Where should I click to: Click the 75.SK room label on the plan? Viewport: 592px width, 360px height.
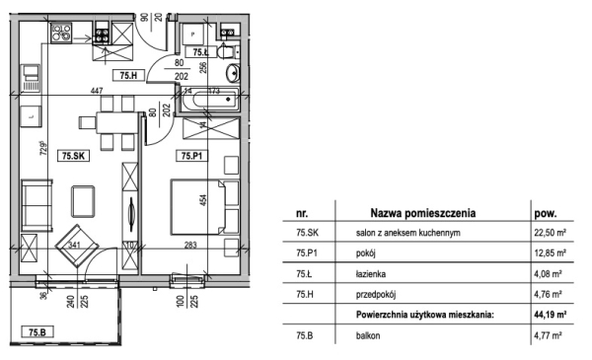tap(73, 156)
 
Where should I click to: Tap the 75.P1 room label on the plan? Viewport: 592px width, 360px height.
tap(191, 156)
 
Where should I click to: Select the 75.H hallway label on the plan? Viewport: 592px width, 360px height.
tap(128, 76)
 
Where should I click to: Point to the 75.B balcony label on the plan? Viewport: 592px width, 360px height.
tap(37, 331)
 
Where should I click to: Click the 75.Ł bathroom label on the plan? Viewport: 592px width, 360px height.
tap(200, 52)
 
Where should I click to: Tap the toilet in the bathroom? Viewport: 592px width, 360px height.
tap(227, 52)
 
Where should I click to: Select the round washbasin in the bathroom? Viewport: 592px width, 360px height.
tap(233, 73)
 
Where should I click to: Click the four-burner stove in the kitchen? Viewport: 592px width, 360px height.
tap(61, 33)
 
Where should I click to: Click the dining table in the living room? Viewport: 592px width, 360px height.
tap(116, 122)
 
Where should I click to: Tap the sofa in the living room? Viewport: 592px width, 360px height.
tap(37, 205)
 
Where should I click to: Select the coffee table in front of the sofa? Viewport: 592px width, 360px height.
tap(83, 201)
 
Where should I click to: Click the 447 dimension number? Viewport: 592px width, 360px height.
tap(97, 91)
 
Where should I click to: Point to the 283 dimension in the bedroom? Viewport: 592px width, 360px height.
tap(190, 245)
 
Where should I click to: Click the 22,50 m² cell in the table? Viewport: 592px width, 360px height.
tap(550, 233)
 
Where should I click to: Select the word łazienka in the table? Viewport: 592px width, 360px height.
tap(371, 274)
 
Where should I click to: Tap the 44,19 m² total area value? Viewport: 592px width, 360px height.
tap(550, 315)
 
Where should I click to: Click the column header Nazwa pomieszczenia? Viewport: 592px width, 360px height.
tap(423, 213)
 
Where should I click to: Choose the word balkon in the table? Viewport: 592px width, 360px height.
tap(368, 335)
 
